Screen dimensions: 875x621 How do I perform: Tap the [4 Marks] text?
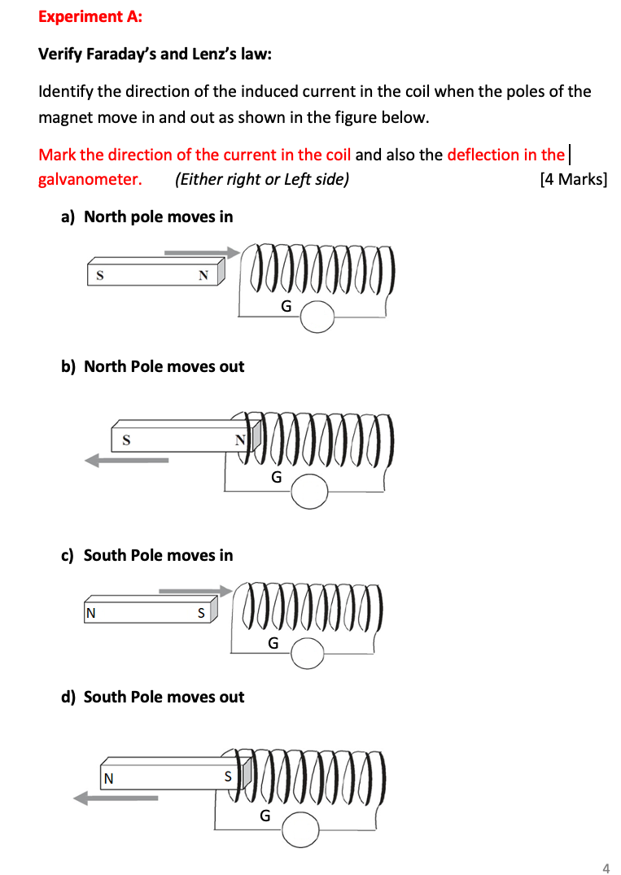pyautogui.click(x=573, y=179)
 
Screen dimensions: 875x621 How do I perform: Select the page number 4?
pyautogui.click(x=605, y=868)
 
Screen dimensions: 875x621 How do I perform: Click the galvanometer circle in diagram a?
pyautogui.click(x=317, y=317)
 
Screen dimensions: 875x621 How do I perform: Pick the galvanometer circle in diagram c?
pyautogui.click(x=308, y=654)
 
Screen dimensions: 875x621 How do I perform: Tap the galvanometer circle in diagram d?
pyautogui.click(x=301, y=828)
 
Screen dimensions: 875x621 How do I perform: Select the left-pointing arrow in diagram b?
pyautogui.click(x=127, y=461)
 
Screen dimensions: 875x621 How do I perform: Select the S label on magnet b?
pyautogui.click(x=126, y=440)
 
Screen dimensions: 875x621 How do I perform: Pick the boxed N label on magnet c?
pyautogui.click(x=90, y=613)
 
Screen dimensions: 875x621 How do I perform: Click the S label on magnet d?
pyautogui.click(x=228, y=777)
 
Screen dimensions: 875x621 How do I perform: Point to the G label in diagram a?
pyautogui.click(x=286, y=307)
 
